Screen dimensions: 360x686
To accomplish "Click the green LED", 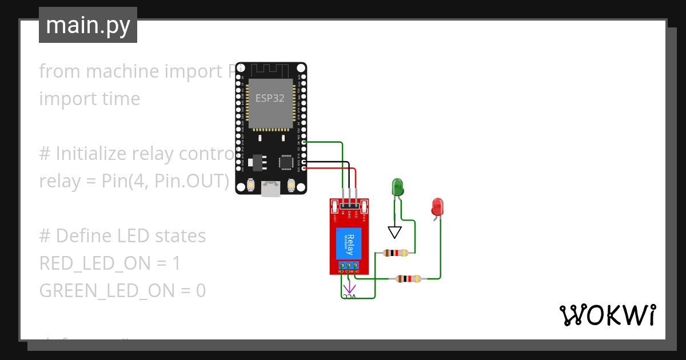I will point(397,187).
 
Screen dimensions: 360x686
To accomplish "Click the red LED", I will point(438,207).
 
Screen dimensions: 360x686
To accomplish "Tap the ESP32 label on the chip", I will point(270,98).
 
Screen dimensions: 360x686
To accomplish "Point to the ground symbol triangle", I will point(394,232).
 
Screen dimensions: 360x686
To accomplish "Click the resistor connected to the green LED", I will point(396,253).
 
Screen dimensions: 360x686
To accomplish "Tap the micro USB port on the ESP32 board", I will point(271,189).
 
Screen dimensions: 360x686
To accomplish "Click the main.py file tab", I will point(88,26).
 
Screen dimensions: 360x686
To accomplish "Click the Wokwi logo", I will point(607,315).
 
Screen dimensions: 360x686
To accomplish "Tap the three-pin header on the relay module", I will point(349,205).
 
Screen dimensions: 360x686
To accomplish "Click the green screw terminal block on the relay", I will point(349,266).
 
